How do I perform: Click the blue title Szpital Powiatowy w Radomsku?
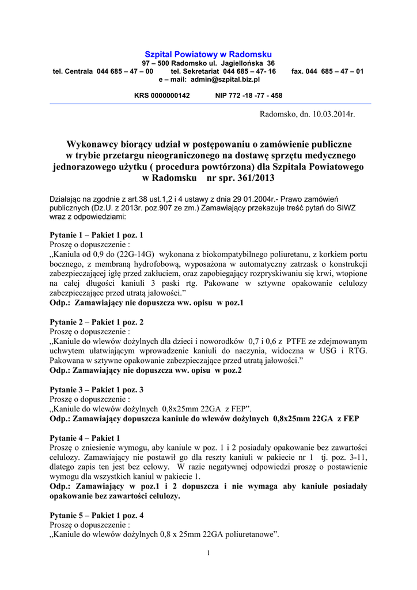coord(208,54)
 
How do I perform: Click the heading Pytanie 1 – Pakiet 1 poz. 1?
coord(97,236)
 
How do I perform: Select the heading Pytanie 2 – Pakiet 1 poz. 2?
coord(97,322)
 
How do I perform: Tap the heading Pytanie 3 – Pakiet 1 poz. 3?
coord(97,389)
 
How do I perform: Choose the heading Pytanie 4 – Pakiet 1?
coord(85,438)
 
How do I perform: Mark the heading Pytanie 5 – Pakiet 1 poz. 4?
coord(97,515)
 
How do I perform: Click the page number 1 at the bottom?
coord(208,554)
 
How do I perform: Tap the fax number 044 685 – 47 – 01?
coord(335,71)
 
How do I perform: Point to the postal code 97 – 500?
coord(154,62)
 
